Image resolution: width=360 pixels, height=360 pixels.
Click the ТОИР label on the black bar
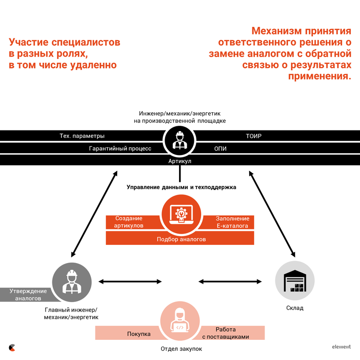coord(253,136)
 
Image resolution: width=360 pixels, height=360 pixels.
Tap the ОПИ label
coord(220,149)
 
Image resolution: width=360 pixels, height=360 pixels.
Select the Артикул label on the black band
coord(180,161)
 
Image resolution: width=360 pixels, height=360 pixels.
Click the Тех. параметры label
coord(82,136)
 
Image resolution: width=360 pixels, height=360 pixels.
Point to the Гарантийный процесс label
coord(120,148)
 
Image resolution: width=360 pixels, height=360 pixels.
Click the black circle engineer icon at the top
coord(180,141)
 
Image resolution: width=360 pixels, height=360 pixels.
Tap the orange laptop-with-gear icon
coord(181,214)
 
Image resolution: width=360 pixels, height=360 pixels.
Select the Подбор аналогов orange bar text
coord(181,239)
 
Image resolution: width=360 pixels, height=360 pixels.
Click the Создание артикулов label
coord(129,222)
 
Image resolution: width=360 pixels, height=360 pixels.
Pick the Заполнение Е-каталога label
coord(232,222)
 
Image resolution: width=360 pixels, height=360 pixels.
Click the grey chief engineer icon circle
coord(72,282)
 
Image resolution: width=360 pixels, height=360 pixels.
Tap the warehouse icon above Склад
coord(295,281)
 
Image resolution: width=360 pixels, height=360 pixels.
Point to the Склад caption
coord(295,308)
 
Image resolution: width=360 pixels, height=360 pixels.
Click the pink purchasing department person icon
coord(180,321)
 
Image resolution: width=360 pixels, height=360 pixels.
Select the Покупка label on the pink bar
coord(139,334)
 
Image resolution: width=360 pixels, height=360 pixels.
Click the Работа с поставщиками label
coord(226,333)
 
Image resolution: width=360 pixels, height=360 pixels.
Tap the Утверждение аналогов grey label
coord(28,295)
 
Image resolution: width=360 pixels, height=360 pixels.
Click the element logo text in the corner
coord(341,347)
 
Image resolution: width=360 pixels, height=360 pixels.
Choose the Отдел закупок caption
coord(181,349)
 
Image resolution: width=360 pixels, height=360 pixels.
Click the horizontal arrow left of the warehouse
coord(230,282)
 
